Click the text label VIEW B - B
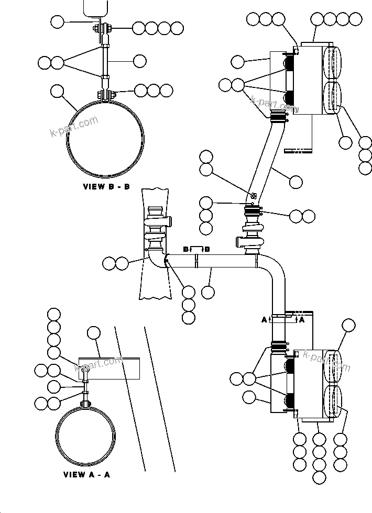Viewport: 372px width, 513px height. point(106,186)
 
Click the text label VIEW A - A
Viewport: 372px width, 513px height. point(86,475)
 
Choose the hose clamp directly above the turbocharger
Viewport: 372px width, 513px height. point(253,212)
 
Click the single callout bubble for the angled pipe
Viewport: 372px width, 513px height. point(296,182)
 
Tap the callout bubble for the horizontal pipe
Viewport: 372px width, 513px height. point(208,292)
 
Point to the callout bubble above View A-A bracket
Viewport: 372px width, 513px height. point(94,332)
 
